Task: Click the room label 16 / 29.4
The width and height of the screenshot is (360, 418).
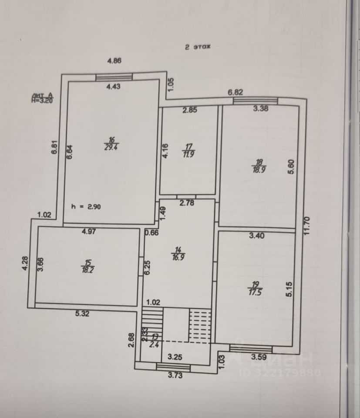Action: [x=111, y=143]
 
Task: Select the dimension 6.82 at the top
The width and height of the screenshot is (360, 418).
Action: [x=236, y=92]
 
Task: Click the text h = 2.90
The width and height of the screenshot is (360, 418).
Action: [x=86, y=207]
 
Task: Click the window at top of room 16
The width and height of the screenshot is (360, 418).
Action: [x=114, y=77]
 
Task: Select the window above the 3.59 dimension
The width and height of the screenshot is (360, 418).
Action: [x=251, y=348]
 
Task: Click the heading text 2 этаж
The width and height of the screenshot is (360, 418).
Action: [x=198, y=48]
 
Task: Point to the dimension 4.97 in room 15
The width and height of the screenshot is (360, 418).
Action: [x=88, y=232]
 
